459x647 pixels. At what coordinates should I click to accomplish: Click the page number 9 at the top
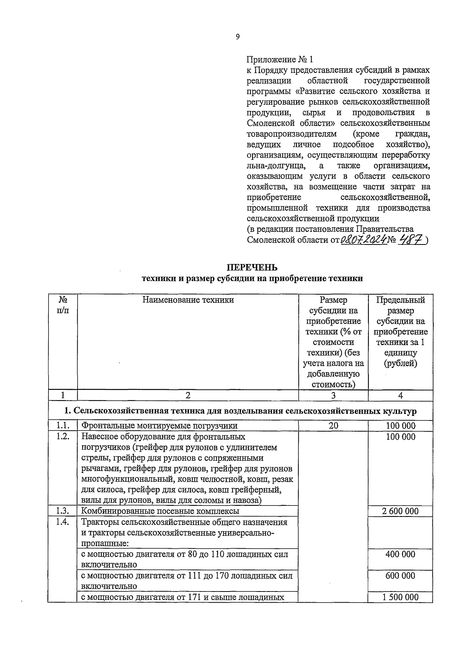(x=238, y=37)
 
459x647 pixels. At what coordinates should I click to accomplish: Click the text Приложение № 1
(x=280, y=60)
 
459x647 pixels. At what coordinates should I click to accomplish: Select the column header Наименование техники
(x=188, y=300)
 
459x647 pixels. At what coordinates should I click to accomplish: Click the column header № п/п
(x=63, y=305)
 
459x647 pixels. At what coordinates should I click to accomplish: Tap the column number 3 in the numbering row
(x=333, y=396)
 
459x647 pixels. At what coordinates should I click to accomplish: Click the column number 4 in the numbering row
(x=400, y=396)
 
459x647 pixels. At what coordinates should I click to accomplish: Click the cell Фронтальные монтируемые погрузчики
(x=160, y=426)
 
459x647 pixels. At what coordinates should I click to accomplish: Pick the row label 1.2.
(x=63, y=437)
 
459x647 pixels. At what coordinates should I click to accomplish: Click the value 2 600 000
(x=400, y=511)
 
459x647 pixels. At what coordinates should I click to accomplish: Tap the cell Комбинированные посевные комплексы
(x=160, y=511)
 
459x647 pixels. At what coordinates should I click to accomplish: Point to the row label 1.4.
(x=63, y=522)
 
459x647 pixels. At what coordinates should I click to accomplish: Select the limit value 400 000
(x=400, y=554)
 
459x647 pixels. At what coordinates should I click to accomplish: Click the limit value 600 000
(x=400, y=575)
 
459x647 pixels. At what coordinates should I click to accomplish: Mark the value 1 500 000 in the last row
(x=400, y=597)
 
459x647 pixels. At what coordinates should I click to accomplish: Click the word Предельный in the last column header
(x=400, y=300)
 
